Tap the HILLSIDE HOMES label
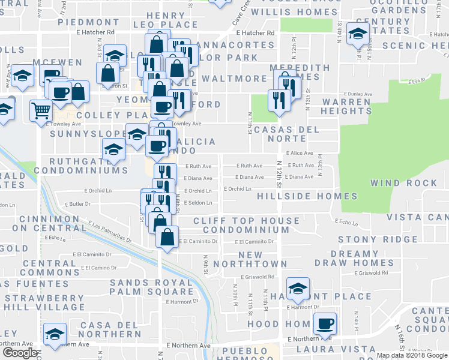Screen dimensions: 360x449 coord(307,196)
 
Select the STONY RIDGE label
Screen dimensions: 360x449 coord(369,239)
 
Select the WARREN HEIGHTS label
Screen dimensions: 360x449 coord(346,106)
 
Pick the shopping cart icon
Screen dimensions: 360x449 coord(41,110)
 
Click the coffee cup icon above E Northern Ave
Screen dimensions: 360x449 coord(325,323)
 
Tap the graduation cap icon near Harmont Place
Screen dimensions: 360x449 coord(297,289)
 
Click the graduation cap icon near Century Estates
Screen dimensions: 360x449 coord(358,35)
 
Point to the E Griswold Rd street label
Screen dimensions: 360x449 coord(257,277)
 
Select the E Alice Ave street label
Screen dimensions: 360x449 coord(300,153)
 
